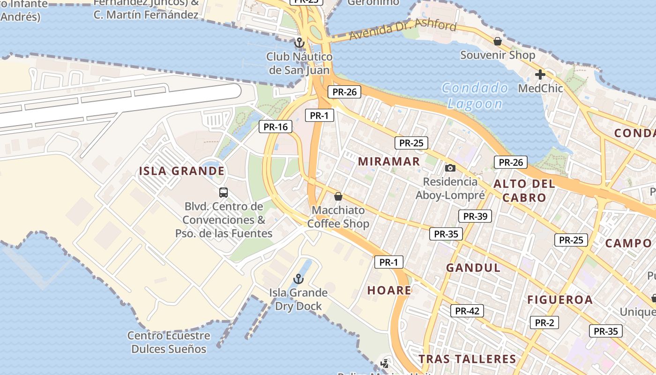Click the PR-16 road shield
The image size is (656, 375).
click(x=276, y=126)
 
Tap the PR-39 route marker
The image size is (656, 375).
click(x=475, y=216)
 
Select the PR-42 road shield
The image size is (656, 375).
click(x=467, y=310)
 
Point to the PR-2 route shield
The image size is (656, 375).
click(x=544, y=322)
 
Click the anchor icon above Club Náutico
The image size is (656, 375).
click(x=299, y=43)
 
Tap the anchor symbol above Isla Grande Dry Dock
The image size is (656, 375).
click(x=298, y=279)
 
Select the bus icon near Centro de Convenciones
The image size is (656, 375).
click(x=224, y=192)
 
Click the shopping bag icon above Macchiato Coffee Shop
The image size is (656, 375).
click(x=338, y=196)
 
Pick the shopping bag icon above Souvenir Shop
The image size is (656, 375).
click(x=498, y=41)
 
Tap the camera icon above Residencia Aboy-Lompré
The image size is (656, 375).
click(x=450, y=168)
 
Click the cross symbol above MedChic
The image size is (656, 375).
click(x=540, y=74)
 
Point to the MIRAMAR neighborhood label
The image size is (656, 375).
click(x=389, y=161)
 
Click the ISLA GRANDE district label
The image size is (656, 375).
click(x=182, y=171)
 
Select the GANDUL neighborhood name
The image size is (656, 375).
click(x=473, y=268)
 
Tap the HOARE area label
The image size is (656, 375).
click(x=389, y=290)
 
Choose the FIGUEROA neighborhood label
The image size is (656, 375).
click(x=560, y=300)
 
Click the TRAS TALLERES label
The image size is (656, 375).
click(x=467, y=359)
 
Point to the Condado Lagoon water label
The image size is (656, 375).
click(x=475, y=96)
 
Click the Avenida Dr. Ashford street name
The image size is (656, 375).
click(x=403, y=30)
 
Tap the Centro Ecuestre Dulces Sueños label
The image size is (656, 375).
click(x=169, y=342)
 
